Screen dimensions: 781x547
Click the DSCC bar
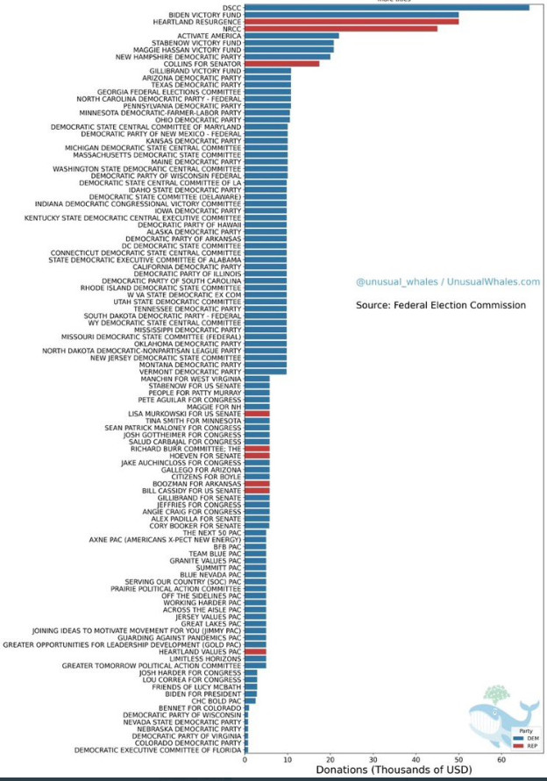[x=386, y=8]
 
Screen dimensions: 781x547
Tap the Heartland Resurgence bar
[x=351, y=21]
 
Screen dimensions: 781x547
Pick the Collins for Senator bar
[x=281, y=63]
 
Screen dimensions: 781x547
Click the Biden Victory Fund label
[x=203, y=15]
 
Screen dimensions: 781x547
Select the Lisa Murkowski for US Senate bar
[x=257, y=413]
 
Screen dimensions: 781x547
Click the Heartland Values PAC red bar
[x=255, y=651]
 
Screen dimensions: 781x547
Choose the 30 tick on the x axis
[x=373, y=759]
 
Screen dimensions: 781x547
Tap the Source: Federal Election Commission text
[x=441, y=305]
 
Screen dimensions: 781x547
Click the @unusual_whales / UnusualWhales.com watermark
[x=447, y=281]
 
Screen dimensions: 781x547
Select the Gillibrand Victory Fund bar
[x=267, y=70]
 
